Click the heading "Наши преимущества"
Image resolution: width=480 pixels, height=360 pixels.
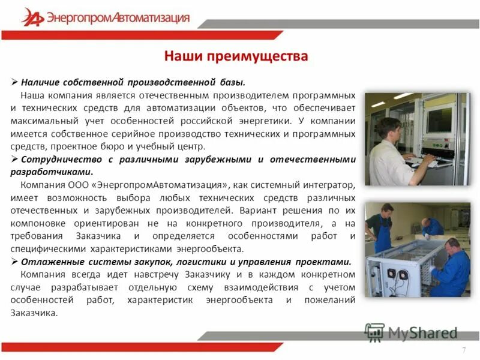[236, 56]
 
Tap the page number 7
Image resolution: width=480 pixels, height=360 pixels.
[463, 350]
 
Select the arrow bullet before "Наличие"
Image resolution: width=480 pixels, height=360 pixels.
[16, 82]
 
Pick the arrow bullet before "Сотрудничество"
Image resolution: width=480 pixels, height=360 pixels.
[16, 159]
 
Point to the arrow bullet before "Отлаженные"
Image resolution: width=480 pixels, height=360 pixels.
[16, 262]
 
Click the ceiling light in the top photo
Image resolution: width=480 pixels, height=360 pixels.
[403, 97]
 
